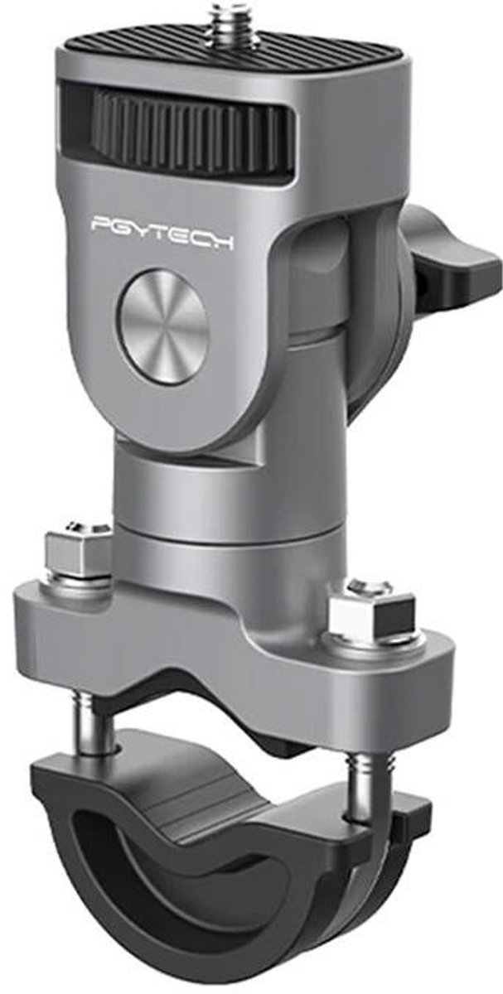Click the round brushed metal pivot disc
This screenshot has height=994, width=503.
point(162,326)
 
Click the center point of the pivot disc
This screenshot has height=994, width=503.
point(162,326)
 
